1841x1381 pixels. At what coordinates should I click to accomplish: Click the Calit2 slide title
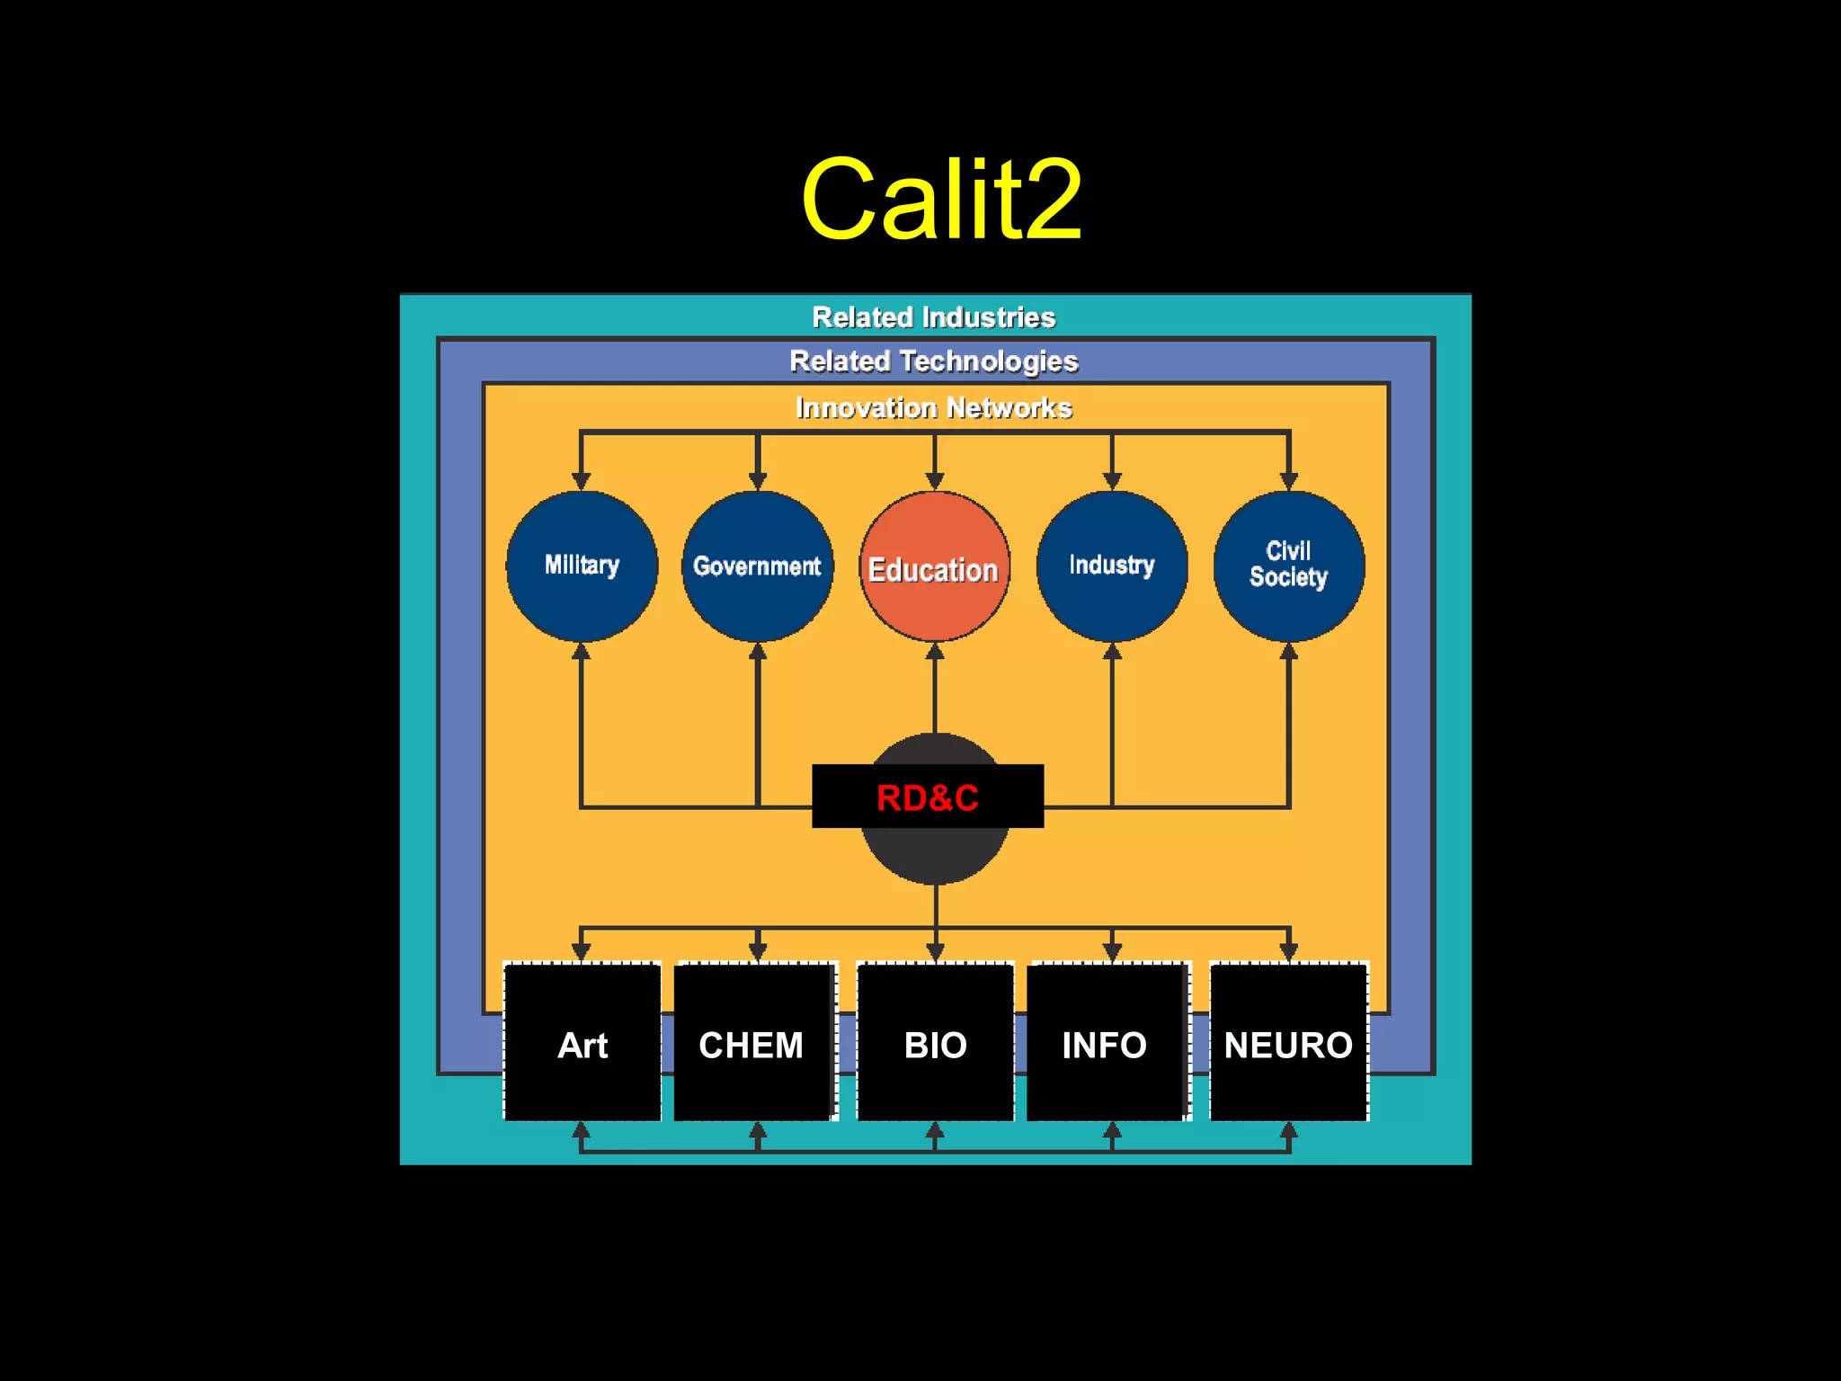[x=941, y=200]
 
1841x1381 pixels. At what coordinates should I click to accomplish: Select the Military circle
[x=582, y=566]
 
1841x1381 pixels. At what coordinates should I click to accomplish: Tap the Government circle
[x=757, y=566]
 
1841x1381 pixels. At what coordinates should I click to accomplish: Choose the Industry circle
[x=1112, y=566]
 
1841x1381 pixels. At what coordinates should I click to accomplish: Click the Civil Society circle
[x=1288, y=566]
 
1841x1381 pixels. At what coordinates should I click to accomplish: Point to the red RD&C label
[x=928, y=797]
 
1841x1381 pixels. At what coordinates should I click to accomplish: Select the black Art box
[x=583, y=1043]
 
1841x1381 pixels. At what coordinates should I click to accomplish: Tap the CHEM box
[x=753, y=1043]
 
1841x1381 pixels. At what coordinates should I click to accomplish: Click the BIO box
[x=935, y=1043]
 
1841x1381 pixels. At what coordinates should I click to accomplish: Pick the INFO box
[x=1106, y=1043]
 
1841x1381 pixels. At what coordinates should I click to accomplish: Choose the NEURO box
[x=1288, y=1043]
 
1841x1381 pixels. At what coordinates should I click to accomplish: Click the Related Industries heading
[x=933, y=317]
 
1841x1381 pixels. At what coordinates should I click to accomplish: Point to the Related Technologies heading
[x=933, y=361]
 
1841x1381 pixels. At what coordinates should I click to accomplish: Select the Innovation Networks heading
[x=933, y=408]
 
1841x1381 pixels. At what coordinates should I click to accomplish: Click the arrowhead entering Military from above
[x=582, y=481]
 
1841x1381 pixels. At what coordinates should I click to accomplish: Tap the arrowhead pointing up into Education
[x=935, y=652]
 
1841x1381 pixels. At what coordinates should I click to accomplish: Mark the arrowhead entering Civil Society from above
[x=1289, y=481]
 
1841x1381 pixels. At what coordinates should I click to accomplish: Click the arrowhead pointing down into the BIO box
[x=935, y=951]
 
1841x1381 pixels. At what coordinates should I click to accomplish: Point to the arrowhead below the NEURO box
[x=1289, y=1130]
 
